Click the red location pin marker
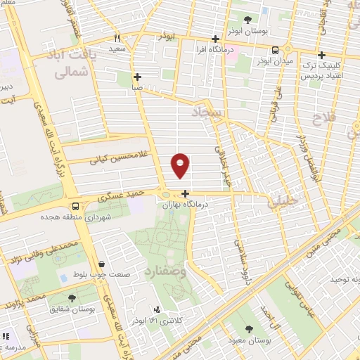pyautogui.click(x=181, y=165)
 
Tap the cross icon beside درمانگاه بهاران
pyautogui.click(x=186, y=193)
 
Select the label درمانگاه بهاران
pyautogui.click(x=186, y=205)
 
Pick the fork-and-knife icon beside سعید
pyautogui.click(x=117, y=39)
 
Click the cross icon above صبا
pyautogui.click(x=137, y=77)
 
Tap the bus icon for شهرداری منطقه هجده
pyautogui.click(x=75, y=205)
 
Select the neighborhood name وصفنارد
pyautogui.click(x=165, y=269)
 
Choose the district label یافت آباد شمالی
pyautogui.click(x=70, y=61)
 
